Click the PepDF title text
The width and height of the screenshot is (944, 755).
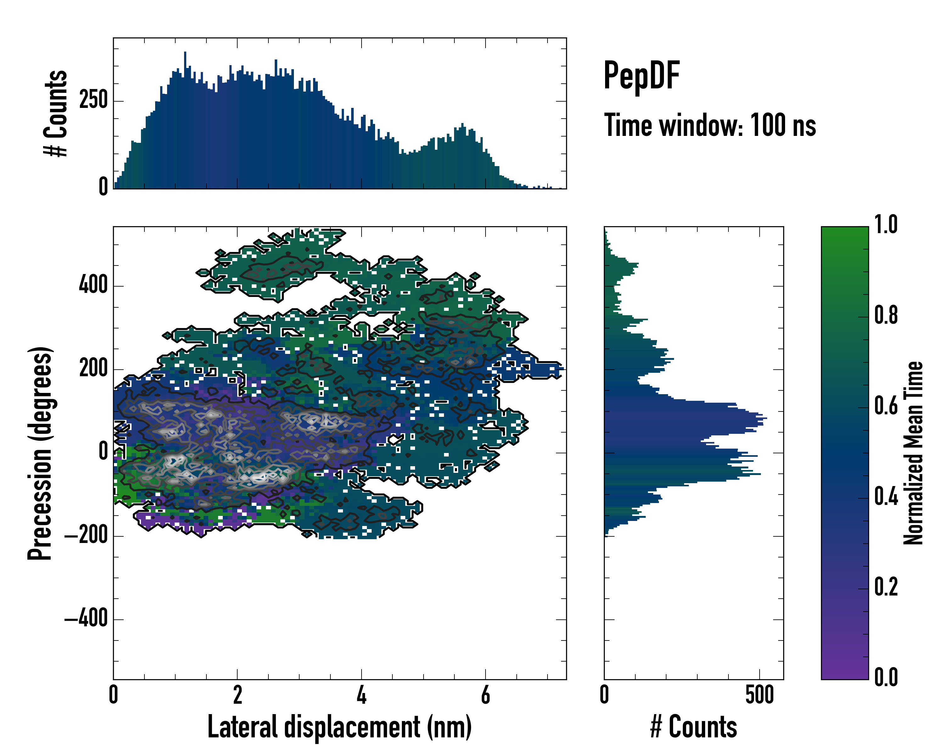click(641, 76)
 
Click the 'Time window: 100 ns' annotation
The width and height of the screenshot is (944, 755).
click(710, 126)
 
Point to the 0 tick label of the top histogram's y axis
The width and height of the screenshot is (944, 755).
click(103, 187)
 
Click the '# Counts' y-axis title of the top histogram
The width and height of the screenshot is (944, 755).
click(56, 113)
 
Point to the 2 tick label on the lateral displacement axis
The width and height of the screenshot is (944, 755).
click(237, 695)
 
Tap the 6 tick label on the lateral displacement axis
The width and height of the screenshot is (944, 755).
click(485, 695)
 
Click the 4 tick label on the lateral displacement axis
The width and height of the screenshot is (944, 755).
click(361, 695)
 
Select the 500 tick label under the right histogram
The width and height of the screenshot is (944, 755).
click(759, 695)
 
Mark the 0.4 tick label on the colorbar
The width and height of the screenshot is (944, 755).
click(886, 497)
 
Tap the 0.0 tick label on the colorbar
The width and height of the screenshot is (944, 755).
click(886, 678)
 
